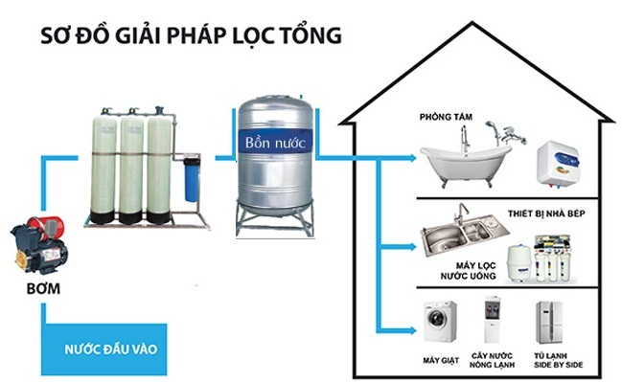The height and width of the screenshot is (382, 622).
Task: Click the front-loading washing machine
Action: point(441,323)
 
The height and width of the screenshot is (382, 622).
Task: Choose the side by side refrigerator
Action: point(551,323)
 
